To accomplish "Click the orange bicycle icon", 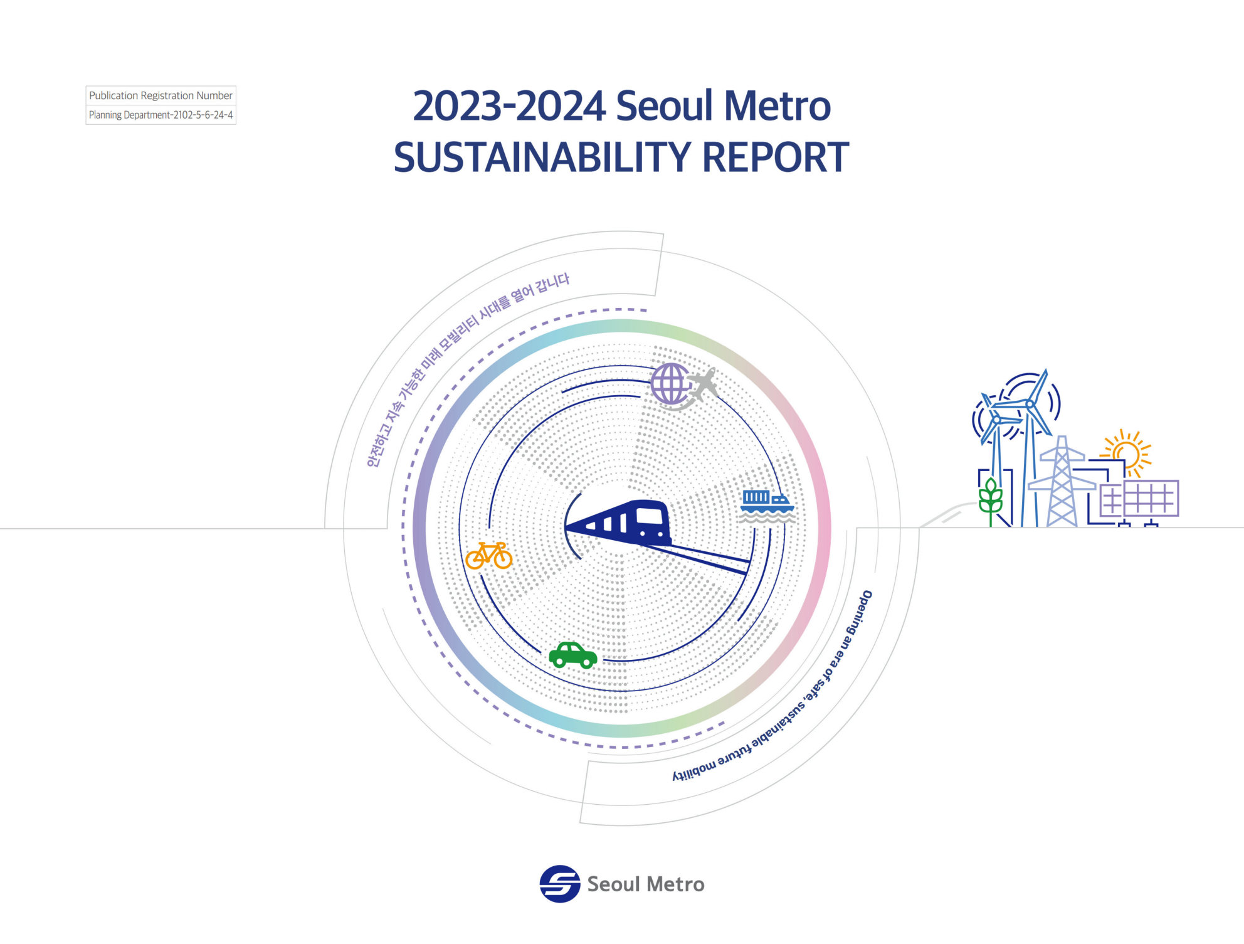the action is click(x=488, y=556).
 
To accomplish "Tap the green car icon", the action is click(x=573, y=655).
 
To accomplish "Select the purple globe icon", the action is click(x=670, y=383).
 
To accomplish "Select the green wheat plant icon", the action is click(x=991, y=501).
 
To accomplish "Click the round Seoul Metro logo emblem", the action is click(x=560, y=884).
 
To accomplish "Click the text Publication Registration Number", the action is click(x=161, y=95).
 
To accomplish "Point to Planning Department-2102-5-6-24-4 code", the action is click(x=161, y=115).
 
